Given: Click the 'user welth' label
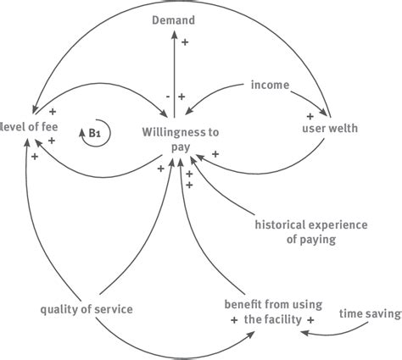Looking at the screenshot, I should click(330, 129).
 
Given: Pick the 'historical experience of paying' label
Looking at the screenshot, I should click(311, 232).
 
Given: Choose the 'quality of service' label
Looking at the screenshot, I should click(87, 309).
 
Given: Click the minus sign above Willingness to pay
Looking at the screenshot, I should click(168, 97).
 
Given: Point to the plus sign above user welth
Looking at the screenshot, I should click(310, 115).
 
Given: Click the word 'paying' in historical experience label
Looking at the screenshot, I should click(311, 240).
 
